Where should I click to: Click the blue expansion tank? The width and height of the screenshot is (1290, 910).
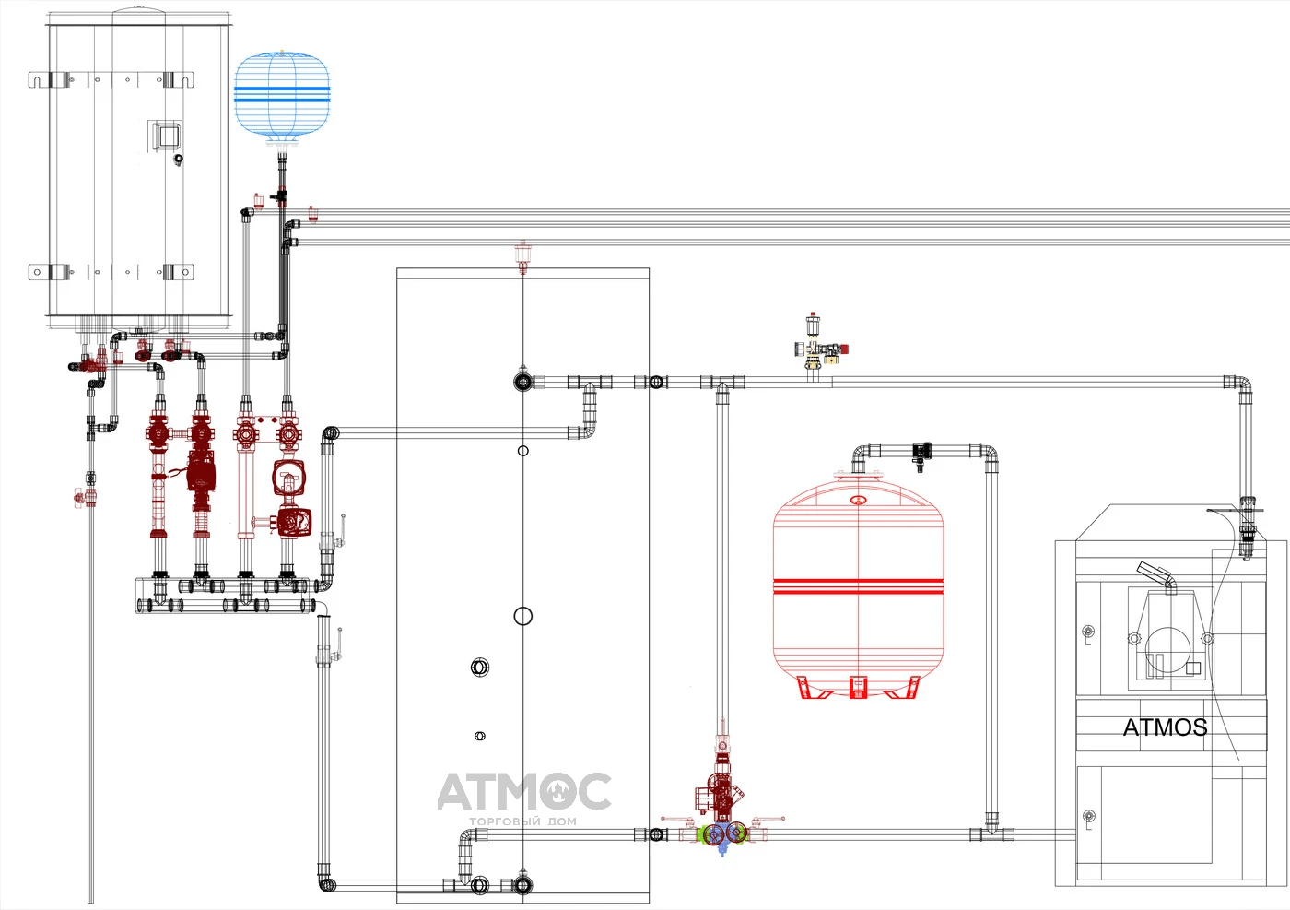point(282,96)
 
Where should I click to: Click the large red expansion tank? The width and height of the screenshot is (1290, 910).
point(858,584)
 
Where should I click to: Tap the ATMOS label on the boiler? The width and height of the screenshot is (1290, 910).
point(1165,727)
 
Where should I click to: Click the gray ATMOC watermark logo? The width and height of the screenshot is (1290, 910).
point(524,791)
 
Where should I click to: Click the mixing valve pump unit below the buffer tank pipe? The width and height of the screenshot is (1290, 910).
point(721,807)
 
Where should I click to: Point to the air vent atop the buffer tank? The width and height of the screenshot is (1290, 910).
point(523,256)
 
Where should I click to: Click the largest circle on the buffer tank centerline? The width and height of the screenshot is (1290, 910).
point(523,616)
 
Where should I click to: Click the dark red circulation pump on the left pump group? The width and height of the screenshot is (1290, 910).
point(201,474)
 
